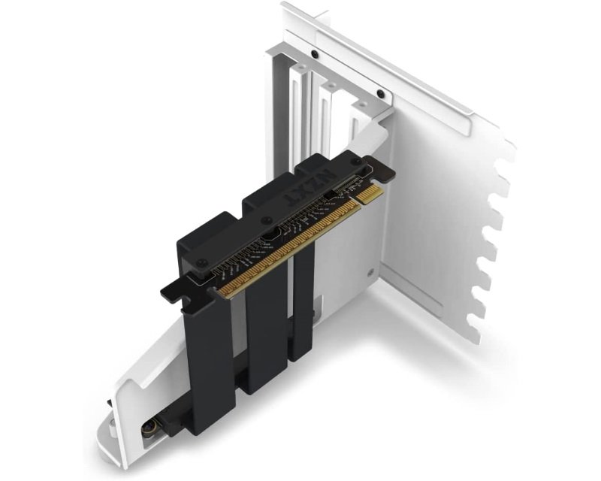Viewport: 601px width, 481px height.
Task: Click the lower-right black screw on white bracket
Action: click(380, 94)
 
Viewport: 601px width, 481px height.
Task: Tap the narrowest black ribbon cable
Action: click(304, 301)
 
